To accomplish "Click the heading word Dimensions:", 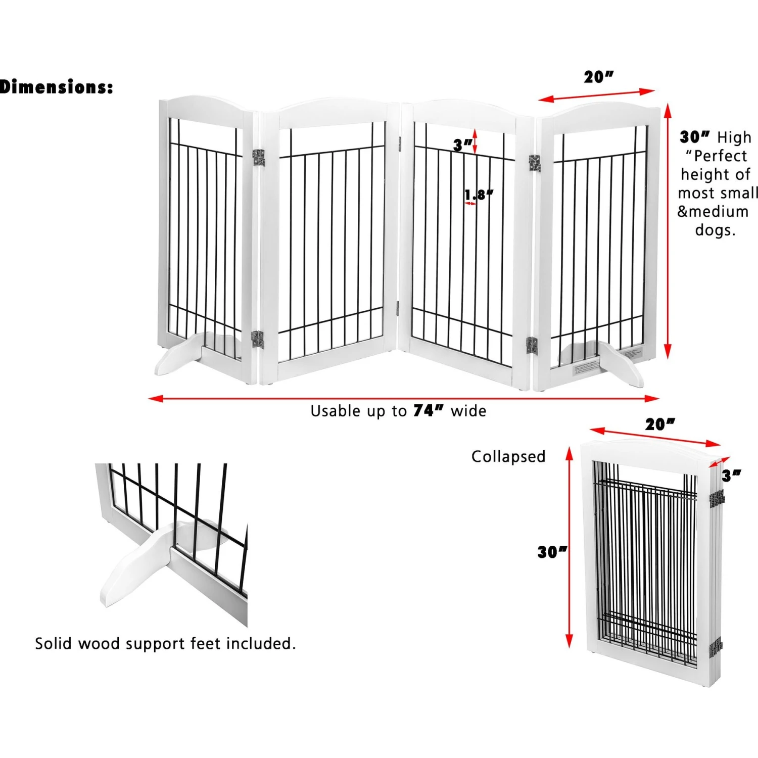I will (57, 87).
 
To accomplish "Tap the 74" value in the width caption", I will (428, 410).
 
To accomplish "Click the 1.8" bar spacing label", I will (478, 195).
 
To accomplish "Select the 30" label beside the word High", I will (695, 137).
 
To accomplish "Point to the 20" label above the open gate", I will (598, 77).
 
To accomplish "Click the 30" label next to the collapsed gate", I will (552, 552).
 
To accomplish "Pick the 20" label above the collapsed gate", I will (659, 424).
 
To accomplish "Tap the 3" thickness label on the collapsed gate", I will (731, 476).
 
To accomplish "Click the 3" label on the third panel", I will (462, 145).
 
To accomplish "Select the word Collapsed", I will (508, 456).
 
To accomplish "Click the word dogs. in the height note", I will (715, 230).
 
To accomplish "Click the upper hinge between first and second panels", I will (259, 157).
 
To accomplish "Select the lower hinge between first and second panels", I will (258, 339).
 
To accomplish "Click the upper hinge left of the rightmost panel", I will (535, 163).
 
